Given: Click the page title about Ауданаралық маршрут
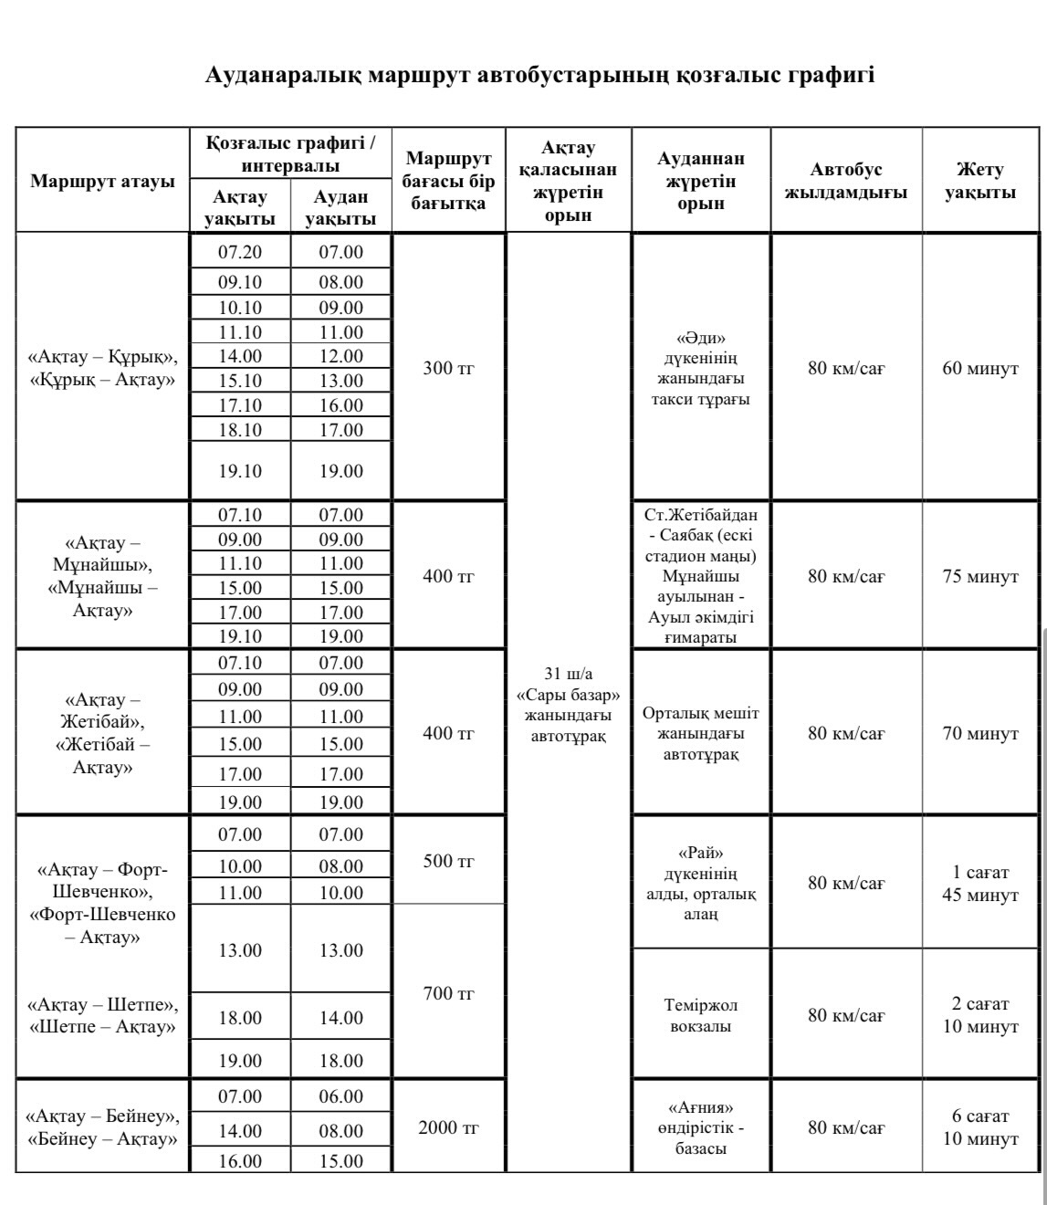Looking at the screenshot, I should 539,75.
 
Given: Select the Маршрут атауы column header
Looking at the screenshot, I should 102,181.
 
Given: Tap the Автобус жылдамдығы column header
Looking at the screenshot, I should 846,181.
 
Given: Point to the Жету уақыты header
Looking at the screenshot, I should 979,181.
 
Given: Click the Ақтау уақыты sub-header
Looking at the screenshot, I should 240,207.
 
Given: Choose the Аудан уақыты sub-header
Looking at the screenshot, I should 340,207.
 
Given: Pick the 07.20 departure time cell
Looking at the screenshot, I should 240,252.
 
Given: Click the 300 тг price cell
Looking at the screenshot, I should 448,369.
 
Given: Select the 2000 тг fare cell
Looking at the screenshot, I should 448,1127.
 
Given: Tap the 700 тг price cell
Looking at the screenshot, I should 448,993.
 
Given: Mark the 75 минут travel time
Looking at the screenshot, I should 979,577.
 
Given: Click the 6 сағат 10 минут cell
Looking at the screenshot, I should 979,1127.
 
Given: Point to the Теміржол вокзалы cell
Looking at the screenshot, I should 700,1015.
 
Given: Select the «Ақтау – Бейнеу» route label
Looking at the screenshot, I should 102,1116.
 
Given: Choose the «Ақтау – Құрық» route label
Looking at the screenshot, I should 102,356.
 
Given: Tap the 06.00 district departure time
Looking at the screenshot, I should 340,1096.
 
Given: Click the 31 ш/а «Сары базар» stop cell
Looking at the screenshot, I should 568,704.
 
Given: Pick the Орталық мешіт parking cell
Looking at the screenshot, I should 700,733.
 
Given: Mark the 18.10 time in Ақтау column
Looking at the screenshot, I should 240,430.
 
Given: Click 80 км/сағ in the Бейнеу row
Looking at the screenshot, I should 846,1127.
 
